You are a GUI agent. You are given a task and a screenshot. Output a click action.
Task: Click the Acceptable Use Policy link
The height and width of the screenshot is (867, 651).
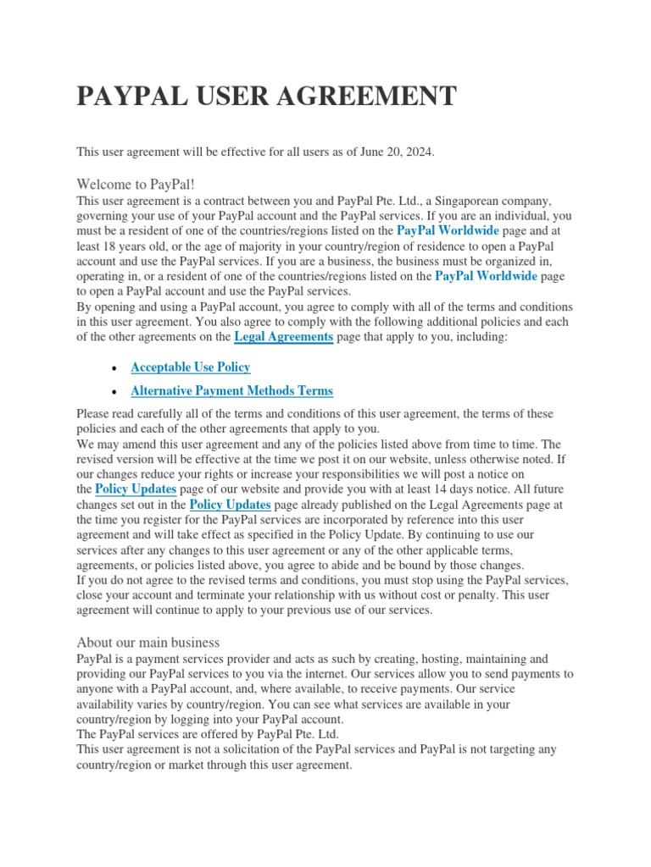point(191,367)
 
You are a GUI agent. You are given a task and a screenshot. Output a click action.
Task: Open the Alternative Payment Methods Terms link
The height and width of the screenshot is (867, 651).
point(232,391)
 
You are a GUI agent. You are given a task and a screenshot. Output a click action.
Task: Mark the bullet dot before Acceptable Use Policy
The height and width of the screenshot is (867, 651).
point(114,368)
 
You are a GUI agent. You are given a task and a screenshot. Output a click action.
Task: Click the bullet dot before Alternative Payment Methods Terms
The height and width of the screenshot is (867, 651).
point(114,392)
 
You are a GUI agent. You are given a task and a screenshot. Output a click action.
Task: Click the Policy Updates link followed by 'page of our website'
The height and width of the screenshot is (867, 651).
point(136,489)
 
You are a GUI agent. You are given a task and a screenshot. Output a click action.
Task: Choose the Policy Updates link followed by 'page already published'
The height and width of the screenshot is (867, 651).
point(231,505)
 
